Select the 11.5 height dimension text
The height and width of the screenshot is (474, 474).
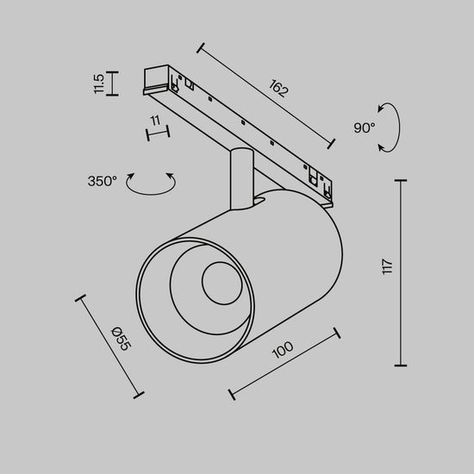pyautogui.click(x=99, y=83)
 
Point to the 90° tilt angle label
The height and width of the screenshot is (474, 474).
pyautogui.click(x=364, y=128)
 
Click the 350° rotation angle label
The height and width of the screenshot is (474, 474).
pyautogui.click(x=102, y=181)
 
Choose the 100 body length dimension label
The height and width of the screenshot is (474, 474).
pyautogui.click(x=282, y=352)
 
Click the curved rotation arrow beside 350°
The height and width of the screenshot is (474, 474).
pyautogui.click(x=151, y=183)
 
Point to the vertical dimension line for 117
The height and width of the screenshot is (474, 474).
pyautogui.click(x=401, y=272)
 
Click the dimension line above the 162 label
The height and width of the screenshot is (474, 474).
pyautogui.click(x=266, y=94)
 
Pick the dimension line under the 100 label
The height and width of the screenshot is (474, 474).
pyautogui.click(x=285, y=363)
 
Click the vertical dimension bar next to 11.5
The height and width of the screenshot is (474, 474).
pyautogui.click(x=114, y=83)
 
